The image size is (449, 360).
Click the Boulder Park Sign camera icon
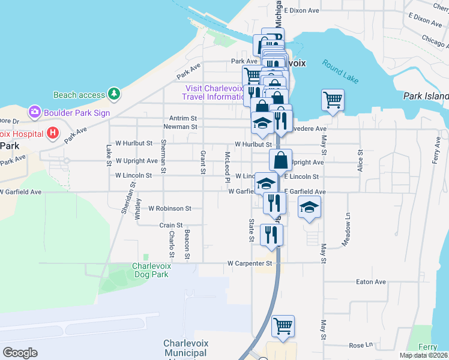click(34, 112)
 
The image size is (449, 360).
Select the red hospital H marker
click(53, 132)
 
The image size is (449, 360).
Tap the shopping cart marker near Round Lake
click(333, 100)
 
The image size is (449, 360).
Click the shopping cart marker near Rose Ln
click(283, 326)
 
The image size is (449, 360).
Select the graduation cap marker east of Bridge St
click(309, 207)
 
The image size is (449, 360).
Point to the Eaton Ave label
click(371, 281)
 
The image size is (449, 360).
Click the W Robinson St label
click(169, 209)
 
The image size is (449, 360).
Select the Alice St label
click(360, 161)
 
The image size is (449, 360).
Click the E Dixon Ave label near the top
click(303, 11)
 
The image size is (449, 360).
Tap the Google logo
click(20, 352)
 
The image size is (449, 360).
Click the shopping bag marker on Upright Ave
click(280, 161)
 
